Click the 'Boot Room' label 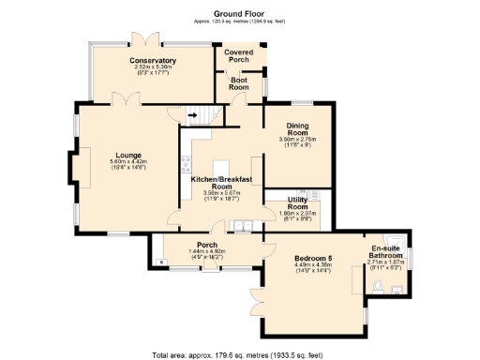pos(240,84)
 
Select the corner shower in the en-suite pos(398,240)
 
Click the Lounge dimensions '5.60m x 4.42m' pos(128,165)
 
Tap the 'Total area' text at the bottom pos(238,354)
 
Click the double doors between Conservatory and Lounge pos(119,99)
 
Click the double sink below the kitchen pos(243,225)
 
